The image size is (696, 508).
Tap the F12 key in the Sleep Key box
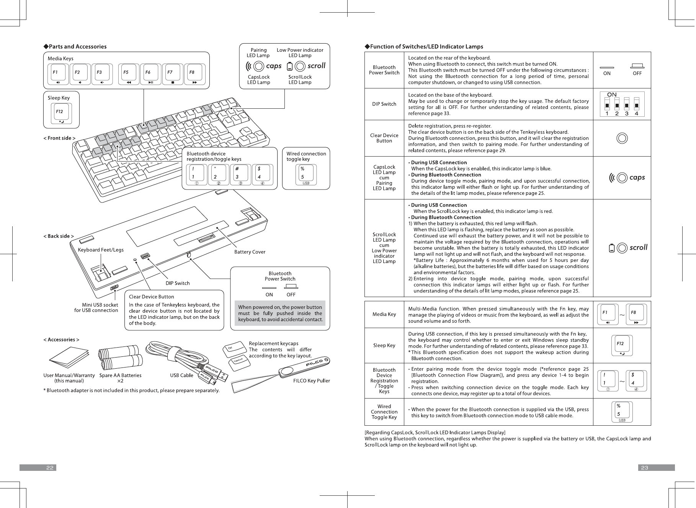point(61,114)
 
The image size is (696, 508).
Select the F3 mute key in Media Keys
point(102,74)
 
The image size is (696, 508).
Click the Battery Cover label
point(250,252)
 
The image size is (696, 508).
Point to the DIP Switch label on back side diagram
point(177,283)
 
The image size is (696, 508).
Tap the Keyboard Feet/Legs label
point(101,250)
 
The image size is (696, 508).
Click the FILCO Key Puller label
point(311,381)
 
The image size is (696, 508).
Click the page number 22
point(50,468)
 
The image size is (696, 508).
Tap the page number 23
point(645,468)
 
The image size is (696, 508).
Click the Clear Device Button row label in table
point(384,138)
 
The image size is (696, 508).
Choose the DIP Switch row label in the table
point(384,104)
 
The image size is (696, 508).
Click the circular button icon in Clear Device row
point(622,138)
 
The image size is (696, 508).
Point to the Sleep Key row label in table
point(384,346)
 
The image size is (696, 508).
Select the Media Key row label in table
point(384,314)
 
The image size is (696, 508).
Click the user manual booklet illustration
point(69,359)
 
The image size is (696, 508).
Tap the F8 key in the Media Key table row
point(636,314)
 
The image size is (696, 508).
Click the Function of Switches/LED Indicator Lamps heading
point(426,47)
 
